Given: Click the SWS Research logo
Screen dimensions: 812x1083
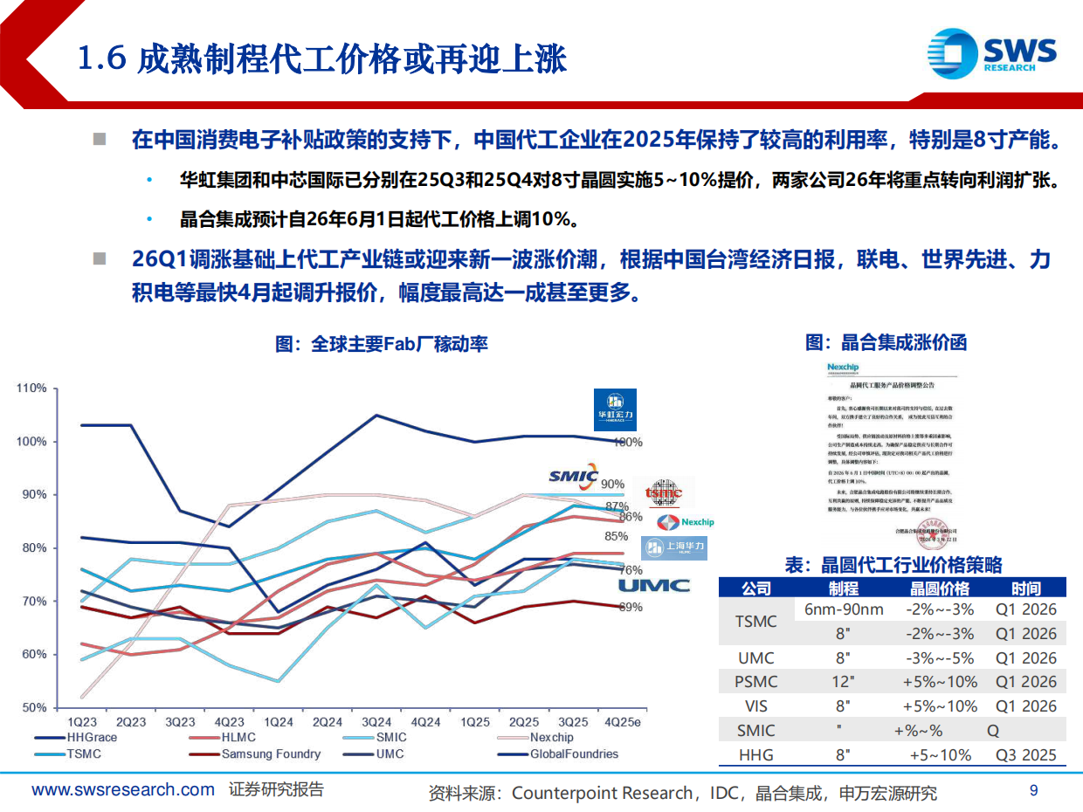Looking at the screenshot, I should [x=991, y=53].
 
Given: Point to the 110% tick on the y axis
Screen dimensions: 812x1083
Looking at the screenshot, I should [x=31, y=388].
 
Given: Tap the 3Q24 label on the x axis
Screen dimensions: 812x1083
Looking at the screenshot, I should [x=377, y=722].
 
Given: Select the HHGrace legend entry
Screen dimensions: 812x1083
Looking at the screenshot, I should [x=93, y=738].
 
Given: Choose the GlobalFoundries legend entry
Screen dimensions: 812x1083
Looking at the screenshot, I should [x=574, y=754].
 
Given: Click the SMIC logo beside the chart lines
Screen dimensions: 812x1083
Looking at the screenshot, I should [x=573, y=477].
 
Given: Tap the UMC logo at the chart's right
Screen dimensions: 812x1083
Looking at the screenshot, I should [x=654, y=587].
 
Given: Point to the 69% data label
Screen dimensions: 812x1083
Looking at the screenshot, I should [x=631, y=608].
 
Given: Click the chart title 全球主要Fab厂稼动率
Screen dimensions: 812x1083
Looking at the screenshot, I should [x=382, y=344].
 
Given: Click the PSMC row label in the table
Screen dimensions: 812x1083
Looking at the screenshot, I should [x=755, y=682].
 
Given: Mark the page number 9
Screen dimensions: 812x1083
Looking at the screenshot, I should [x=1034, y=791].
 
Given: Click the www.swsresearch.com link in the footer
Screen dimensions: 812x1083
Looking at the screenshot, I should [x=123, y=791].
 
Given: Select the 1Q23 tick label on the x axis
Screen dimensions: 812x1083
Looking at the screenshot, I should [x=82, y=722].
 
